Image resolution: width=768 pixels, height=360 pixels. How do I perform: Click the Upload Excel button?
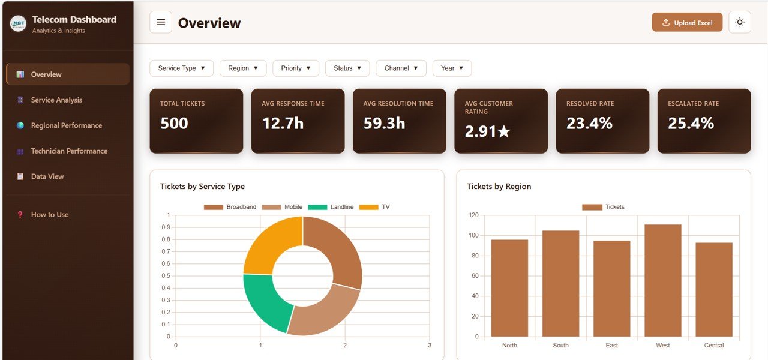687,23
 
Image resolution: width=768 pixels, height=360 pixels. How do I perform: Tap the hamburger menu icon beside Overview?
161,23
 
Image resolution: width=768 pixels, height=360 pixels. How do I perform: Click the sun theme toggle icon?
739,23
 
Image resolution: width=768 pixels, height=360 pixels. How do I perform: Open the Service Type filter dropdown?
181,68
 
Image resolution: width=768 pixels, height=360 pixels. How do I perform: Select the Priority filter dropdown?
296,68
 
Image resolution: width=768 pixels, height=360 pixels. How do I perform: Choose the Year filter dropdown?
452,68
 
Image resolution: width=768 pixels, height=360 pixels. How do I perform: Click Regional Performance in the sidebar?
66,125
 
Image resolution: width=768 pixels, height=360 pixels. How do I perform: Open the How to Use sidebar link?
49,214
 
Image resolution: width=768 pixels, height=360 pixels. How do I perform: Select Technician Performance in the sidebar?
69,151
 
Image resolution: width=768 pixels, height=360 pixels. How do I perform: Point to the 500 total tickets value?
174,124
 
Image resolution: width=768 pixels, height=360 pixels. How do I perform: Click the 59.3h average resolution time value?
384,124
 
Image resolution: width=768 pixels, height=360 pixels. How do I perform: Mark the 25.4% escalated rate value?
691,124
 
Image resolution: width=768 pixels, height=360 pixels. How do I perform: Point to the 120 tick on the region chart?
474,215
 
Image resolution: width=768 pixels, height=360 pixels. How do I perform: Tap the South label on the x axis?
560,346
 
